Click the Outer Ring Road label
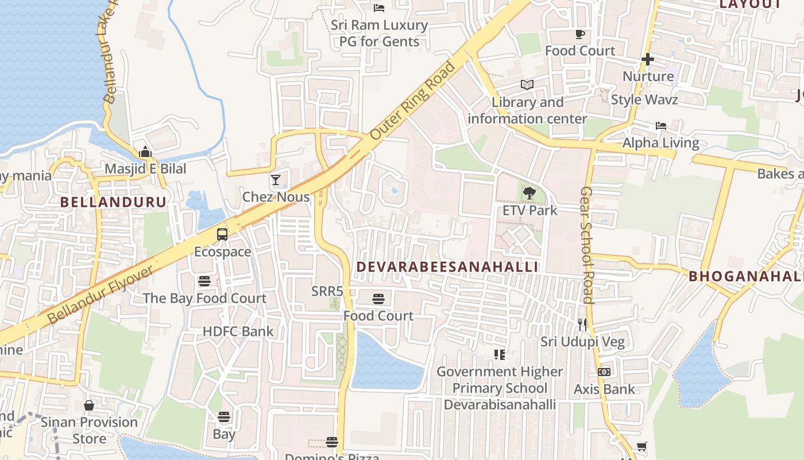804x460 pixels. coord(413,100)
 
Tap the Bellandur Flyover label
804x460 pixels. coord(100,294)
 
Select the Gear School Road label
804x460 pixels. coord(586,245)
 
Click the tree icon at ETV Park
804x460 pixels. coord(529,194)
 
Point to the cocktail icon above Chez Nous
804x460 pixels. coord(276,180)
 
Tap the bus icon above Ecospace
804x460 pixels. coord(222,235)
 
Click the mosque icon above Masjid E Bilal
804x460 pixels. coord(145,152)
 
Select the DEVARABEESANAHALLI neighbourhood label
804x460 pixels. coord(447,267)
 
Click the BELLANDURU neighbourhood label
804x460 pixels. coord(113,202)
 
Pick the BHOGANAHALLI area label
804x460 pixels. coord(746,276)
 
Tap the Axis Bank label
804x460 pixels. coord(604,389)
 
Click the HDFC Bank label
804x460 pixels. coord(238,332)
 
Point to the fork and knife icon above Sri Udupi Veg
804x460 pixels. coord(583,324)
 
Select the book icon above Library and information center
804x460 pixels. coord(527,85)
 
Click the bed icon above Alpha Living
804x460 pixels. coord(661,125)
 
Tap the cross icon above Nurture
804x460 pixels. coord(648,59)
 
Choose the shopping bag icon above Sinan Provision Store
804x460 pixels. coord(89,405)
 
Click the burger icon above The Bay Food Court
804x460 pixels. coord(204,281)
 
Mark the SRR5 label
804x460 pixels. coord(327,291)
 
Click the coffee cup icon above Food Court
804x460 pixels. coord(580,34)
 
